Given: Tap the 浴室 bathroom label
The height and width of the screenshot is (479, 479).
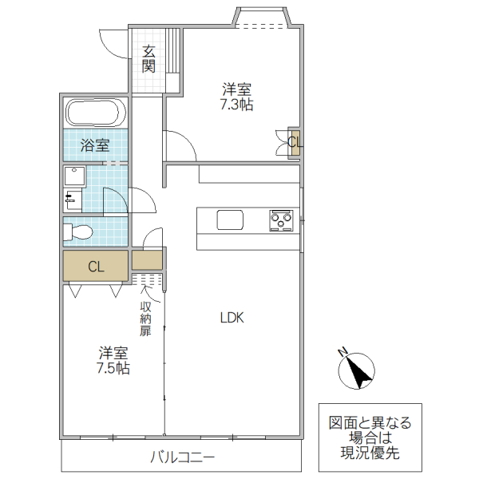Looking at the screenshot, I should [x=95, y=145].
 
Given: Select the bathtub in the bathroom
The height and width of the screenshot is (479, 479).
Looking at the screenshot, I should [x=95, y=113].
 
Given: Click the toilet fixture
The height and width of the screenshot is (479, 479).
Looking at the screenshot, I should [x=79, y=232].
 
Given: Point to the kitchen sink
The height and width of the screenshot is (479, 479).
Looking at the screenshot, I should [x=230, y=220].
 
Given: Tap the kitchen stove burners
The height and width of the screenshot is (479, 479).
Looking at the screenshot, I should [x=282, y=220].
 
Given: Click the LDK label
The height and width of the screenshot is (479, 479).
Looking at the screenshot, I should [x=232, y=318].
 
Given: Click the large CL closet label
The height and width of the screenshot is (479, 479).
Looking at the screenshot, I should [x=96, y=267].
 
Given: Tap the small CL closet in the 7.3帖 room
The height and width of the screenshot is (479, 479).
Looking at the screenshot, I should [x=295, y=143].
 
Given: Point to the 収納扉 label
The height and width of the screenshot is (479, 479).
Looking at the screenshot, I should [x=145, y=319].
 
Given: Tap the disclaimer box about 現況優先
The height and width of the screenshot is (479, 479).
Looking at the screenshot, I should [x=370, y=437].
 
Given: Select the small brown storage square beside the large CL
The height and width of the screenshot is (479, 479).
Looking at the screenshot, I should [x=147, y=260].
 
